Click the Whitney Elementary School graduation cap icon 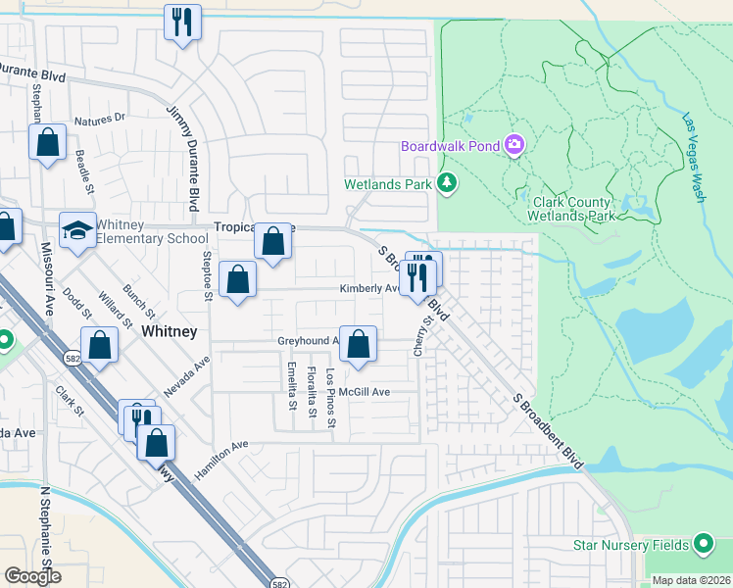click(x=78, y=229)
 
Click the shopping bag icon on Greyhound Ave click(x=360, y=344)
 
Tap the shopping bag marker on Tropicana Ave click(x=273, y=240)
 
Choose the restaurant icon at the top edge click(x=181, y=22)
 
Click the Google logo click(x=33, y=576)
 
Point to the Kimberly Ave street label click(x=369, y=289)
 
